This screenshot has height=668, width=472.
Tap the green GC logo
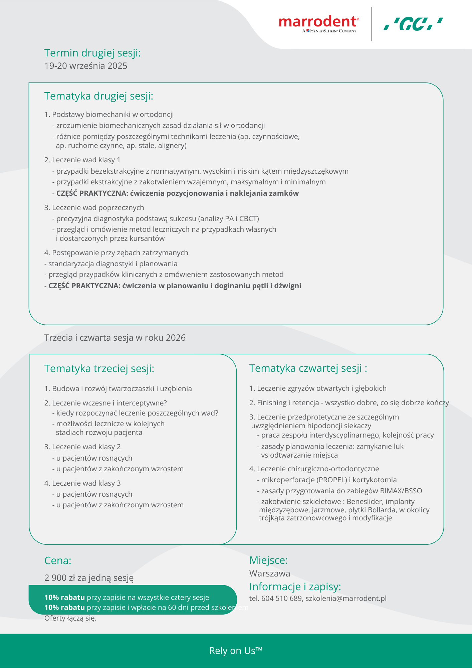click(x=413, y=24)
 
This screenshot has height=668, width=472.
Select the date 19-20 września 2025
click(x=86, y=66)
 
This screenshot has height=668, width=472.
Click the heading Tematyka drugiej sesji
click(x=99, y=96)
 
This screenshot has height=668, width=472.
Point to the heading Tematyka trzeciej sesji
click(x=99, y=369)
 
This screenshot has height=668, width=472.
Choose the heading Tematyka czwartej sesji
click(x=308, y=368)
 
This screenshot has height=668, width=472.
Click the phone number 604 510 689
click(x=281, y=599)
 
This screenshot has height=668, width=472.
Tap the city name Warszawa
click(x=270, y=574)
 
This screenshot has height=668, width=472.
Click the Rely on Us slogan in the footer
click(x=236, y=651)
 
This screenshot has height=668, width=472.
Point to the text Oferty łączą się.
click(x=70, y=618)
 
